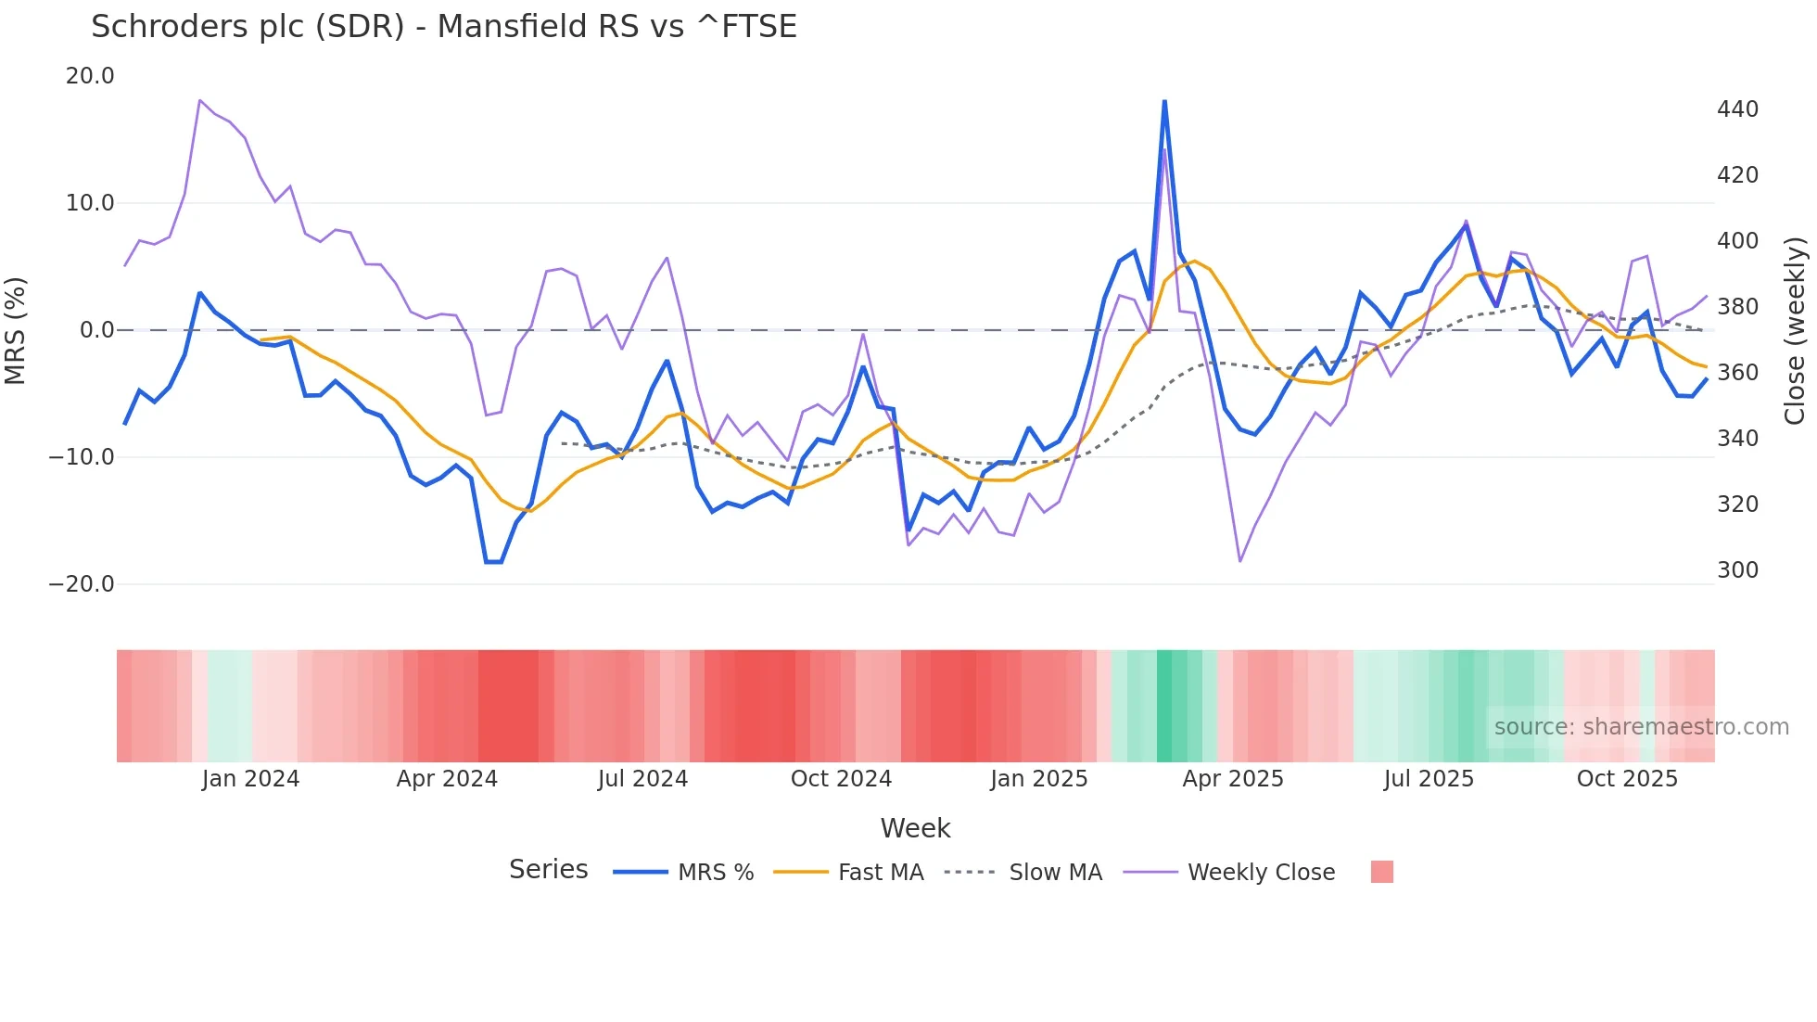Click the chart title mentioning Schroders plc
(443, 27)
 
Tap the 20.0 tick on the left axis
(90, 76)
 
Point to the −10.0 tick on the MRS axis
(82, 457)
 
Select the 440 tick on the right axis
(1737, 109)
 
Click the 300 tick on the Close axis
(1737, 570)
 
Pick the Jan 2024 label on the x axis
(250, 779)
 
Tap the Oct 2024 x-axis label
(841, 779)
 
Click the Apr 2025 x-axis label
(1233, 779)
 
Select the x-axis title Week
(915, 828)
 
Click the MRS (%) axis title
(16, 330)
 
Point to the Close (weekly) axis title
(1795, 330)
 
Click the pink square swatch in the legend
(1381, 872)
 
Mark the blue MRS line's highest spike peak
(1164, 101)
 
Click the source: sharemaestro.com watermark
(1641, 727)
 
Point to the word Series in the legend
(548, 870)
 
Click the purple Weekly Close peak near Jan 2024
(200, 100)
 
